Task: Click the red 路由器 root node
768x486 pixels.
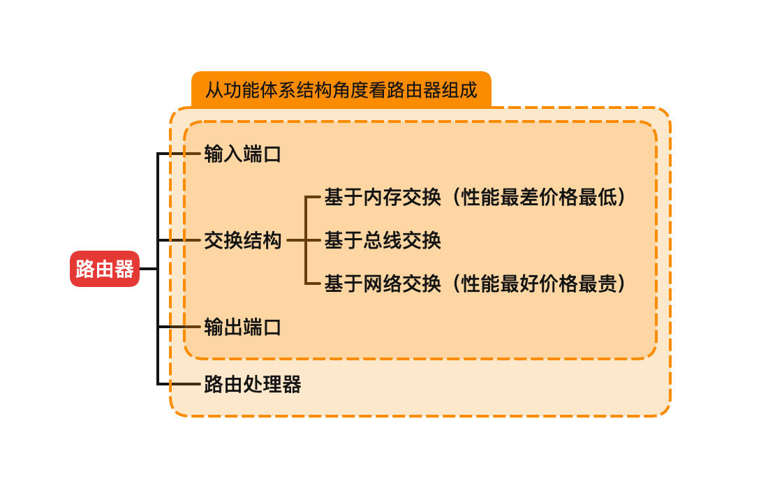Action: pos(105,269)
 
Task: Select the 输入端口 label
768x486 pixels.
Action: pos(242,154)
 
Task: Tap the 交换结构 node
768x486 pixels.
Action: pos(242,241)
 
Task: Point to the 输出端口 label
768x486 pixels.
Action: pos(242,327)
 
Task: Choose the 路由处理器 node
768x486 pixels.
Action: pos(252,384)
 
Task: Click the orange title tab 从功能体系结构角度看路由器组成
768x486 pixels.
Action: pos(341,90)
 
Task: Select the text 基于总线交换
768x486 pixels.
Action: pos(382,241)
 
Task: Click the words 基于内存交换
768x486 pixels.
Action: pos(382,198)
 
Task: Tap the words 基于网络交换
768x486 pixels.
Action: pos(382,283)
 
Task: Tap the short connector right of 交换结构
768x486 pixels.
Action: pos(296,241)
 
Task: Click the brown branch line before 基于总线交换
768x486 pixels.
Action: pos(313,241)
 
